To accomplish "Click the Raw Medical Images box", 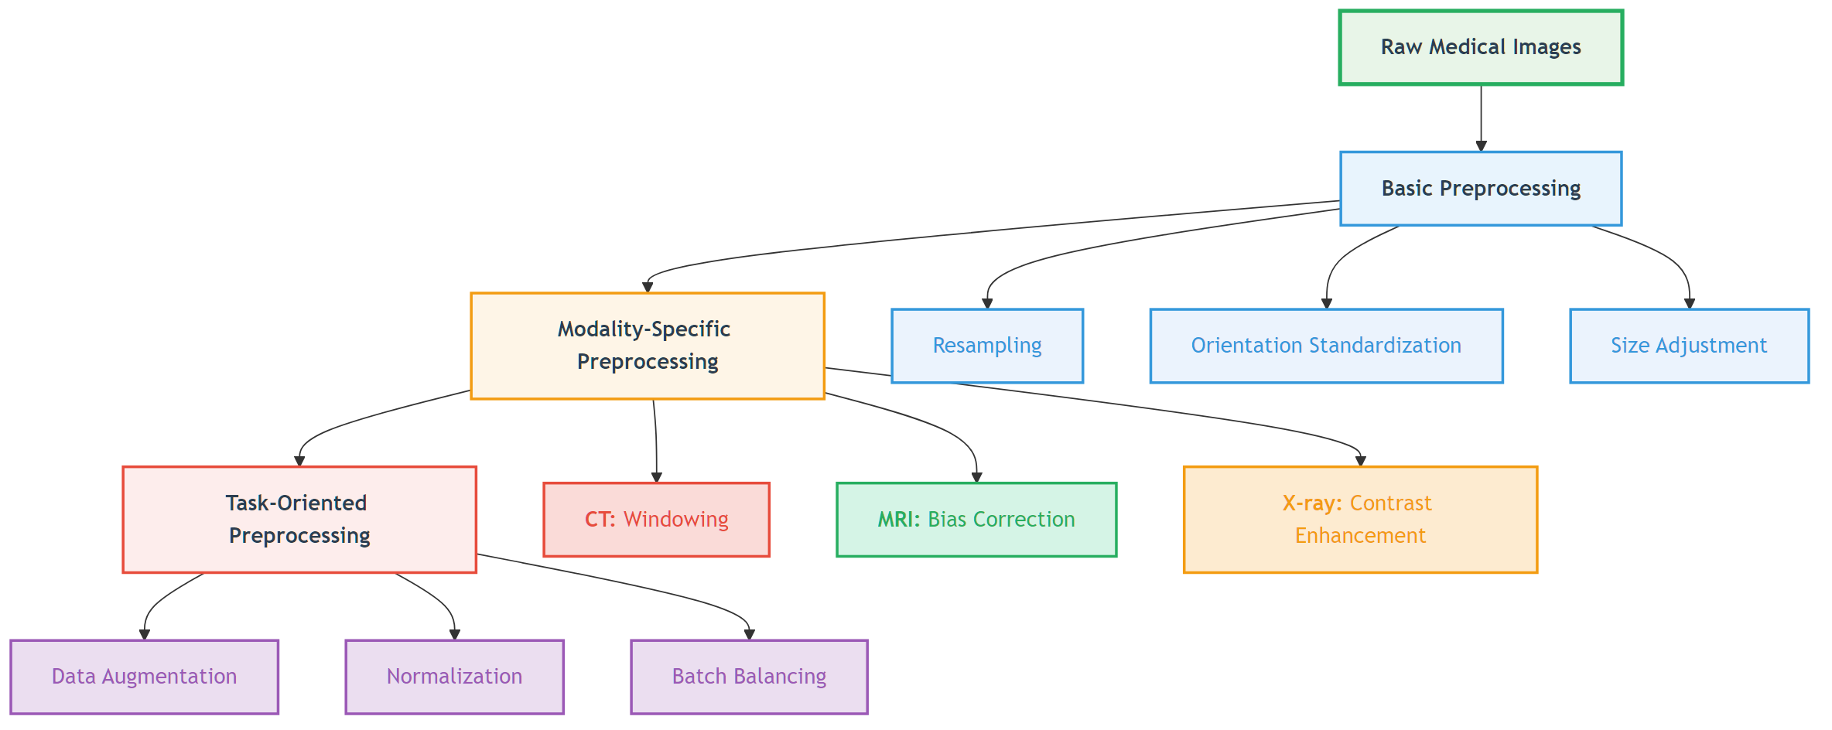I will pyautogui.click(x=1481, y=47).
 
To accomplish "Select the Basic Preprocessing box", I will pyautogui.click(x=1481, y=189).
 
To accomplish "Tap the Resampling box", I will pyautogui.click(x=987, y=346).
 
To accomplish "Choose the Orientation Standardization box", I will pyautogui.click(x=1326, y=346).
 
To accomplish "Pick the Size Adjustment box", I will pyautogui.click(x=1689, y=346).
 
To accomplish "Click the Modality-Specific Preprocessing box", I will pyautogui.click(x=648, y=346).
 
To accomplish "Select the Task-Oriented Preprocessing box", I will pyautogui.click(x=299, y=520).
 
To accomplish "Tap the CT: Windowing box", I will pyautogui.click(x=656, y=520).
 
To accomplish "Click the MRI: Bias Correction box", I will pyautogui.click(x=976, y=520).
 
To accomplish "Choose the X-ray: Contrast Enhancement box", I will pyautogui.click(x=1360, y=520).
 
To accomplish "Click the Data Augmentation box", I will pyautogui.click(x=144, y=677).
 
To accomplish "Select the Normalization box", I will pyautogui.click(x=454, y=677).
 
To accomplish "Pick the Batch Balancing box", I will pyautogui.click(x=749, y=677).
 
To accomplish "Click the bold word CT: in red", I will pyautogui.click(x=600, y=520).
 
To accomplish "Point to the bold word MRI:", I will pyautogui.click(x=898, y=520).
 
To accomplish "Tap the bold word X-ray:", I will pyautogui.click(x=1311, y=503).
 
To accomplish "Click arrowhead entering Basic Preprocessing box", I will pyautogui.click(x=1481, y=146).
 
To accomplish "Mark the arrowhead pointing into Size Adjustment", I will pyautogui.click(x=1690, y=304).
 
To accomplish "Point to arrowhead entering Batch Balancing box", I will pyautogui.click(x=749, y=635).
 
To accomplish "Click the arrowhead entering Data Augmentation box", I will pyautogui.click(x=144, y=635).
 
